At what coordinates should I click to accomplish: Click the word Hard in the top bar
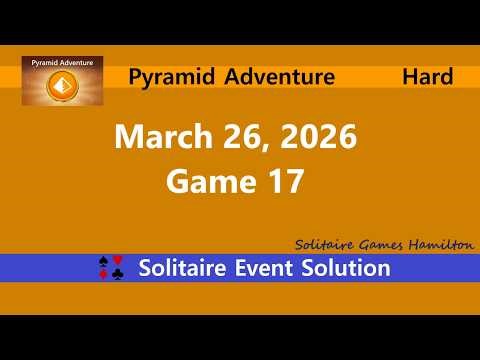(427, 76)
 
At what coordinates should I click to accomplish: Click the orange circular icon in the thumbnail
(61, 88)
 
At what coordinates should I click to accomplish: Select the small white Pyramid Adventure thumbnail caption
(61, 63)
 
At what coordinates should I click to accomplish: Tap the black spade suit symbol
(105, 261)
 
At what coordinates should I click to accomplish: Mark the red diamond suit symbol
(105, 275)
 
